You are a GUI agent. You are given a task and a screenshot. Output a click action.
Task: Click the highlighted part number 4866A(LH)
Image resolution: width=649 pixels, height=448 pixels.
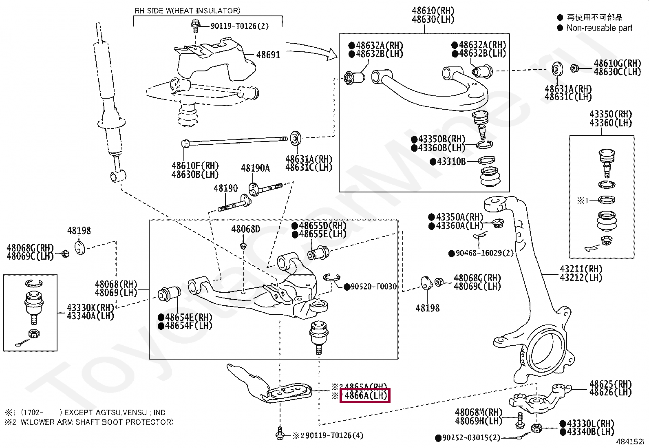(365, 395)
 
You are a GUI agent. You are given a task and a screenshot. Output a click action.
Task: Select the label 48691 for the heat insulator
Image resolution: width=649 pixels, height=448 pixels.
(268, 55)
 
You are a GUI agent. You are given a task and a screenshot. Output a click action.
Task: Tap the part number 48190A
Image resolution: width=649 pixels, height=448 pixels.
(255, 168)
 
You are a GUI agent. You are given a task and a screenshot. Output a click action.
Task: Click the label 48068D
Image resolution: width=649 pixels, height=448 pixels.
(245, 229)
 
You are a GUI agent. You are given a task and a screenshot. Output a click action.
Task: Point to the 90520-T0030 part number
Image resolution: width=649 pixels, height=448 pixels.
(373, 287)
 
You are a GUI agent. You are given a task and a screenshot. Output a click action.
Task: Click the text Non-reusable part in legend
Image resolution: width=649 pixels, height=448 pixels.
(599, 28)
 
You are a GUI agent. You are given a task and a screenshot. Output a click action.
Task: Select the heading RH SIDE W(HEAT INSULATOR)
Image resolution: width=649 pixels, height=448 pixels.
(188, 11)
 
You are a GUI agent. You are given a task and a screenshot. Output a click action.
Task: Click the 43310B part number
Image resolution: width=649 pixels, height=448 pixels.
(451, 161)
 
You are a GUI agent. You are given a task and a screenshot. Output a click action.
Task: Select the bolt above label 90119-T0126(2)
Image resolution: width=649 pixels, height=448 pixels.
(195, 26)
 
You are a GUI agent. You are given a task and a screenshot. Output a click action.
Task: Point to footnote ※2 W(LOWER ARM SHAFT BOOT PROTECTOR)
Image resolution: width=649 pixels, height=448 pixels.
(90, 422)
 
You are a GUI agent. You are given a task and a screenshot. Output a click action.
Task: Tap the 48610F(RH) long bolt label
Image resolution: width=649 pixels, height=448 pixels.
(195, 166)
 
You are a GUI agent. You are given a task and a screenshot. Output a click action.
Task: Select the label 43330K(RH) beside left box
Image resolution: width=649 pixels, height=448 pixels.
(90, 307)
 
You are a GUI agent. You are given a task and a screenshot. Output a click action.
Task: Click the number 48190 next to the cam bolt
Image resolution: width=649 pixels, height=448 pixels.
(225, 188)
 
